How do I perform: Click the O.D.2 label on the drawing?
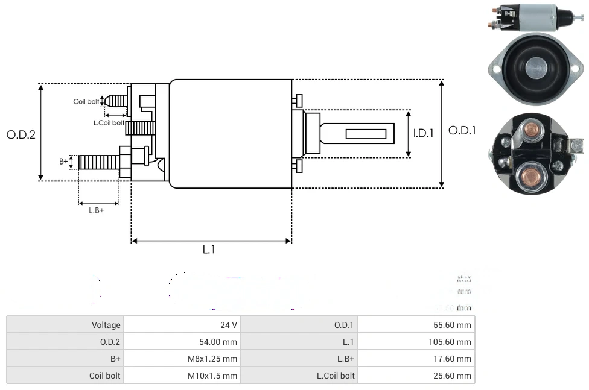(x=21, y=134)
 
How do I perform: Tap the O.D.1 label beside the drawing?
(x=462, y=130)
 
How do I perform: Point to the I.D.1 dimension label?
(x=423, y=133)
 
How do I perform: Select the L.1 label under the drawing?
(x=209, y=250)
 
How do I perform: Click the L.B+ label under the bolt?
(x=97, y=210)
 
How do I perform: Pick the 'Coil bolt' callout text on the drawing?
(x=86, y=102)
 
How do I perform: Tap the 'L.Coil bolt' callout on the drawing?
(x=109, y=123)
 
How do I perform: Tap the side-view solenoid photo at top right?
(x=534, y=16)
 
